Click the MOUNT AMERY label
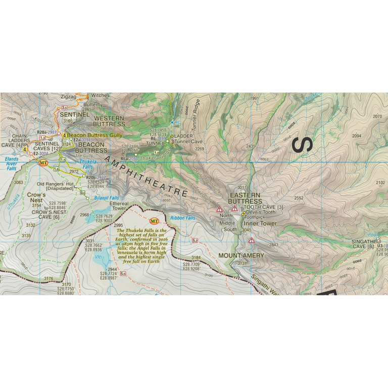pyautogui.click(x=241, y=256)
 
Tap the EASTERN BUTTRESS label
pyautogui.click(x=245, y=198)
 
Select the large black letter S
pyautogui.click(x=303, y=144)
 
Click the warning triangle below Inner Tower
pyautogui.click(x=251, y=240)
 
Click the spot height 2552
pyautogui.click(x=299, y=198)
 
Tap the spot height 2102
pyautogui.click(x=380, y=183)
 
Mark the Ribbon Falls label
pyautogui.click(x=182, y=218)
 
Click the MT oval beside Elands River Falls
pyautogui.click(x=43, y=163)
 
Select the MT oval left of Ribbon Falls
pyautogui.click(x=155, y=221)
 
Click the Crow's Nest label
pyautogui.click(x=36, y=197)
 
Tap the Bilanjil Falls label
pyautogui.click(x=106, y=198)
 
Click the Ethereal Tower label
pyautogui.click(x=119, y=206)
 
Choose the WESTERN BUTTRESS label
pyautogui.click(x=109, y=121)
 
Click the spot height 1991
pyautogui.click(x=254, y=99)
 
